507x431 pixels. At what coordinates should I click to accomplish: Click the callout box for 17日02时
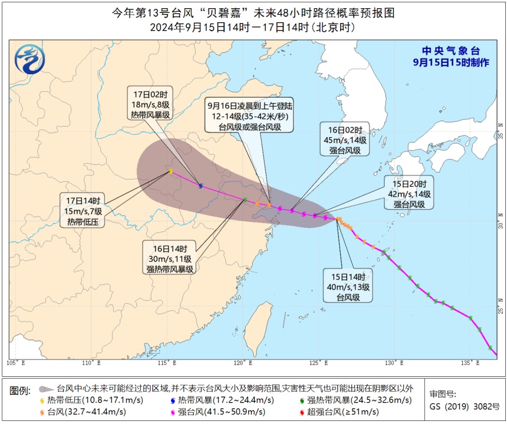point(150,104)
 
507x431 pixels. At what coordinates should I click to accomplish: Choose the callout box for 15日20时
point(409,193)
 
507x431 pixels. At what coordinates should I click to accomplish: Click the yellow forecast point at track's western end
point(170,171)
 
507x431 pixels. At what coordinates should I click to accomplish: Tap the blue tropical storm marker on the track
point(201,186)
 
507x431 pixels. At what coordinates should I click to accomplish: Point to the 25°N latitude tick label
point(500,309)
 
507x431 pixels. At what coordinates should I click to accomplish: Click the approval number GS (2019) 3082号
point(464,406)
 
